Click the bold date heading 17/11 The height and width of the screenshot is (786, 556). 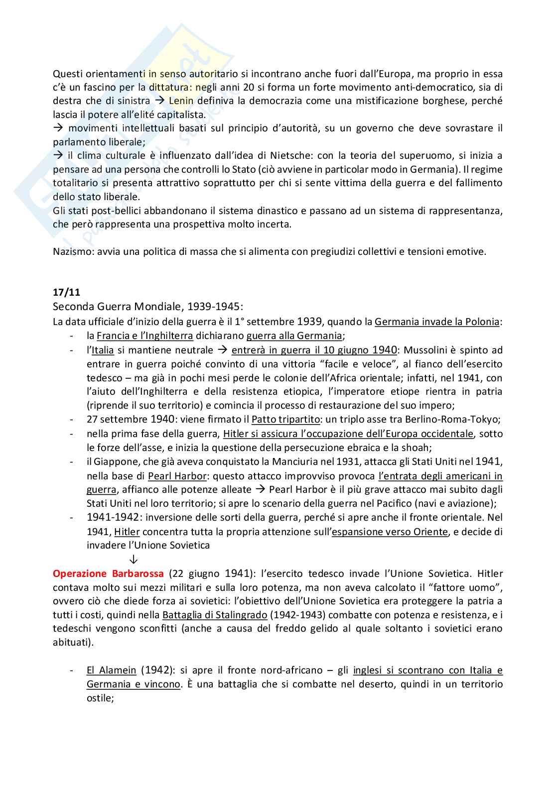point(66,292)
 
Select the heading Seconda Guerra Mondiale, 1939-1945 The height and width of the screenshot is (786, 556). point(148,306)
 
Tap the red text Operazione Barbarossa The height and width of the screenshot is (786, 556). point(108,573)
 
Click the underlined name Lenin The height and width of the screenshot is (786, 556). point(181,101)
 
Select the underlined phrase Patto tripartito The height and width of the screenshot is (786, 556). point(285,419)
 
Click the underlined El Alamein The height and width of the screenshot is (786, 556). point(111,671)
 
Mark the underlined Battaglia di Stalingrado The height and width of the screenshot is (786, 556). point(215,615)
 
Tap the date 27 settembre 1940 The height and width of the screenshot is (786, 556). point(131,419)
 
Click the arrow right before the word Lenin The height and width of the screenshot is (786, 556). point(159,101)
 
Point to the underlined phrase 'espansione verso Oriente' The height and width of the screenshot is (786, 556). point(390,532)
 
